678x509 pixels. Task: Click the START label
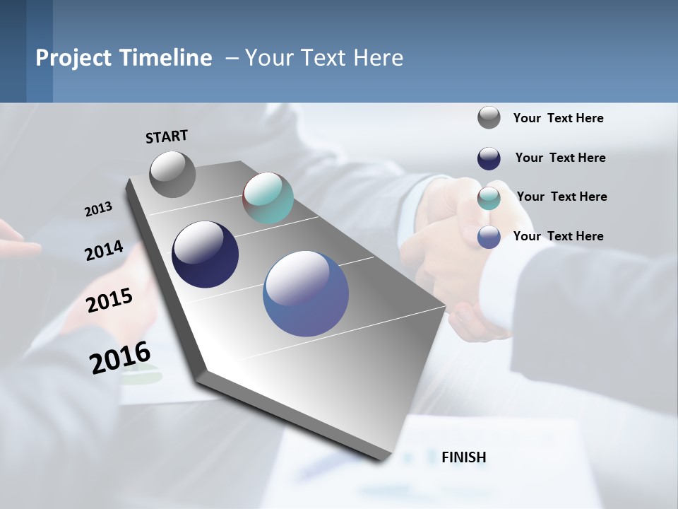[x=167, y=136]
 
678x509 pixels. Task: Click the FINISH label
[x=463, y=457]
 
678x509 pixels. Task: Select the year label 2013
[x=98, y=209]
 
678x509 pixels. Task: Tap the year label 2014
[x=104, y=251]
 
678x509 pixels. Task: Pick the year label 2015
[x=109, y=300]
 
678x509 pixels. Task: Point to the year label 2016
[x=120, y=358]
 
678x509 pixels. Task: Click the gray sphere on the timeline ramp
[x=172, y=175]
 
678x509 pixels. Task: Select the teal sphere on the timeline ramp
[x=268, y=198]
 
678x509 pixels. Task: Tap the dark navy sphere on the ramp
[x=205, y=255]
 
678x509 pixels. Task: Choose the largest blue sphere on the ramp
[x=306, y=293]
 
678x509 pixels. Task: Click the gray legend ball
[x=489, y=118]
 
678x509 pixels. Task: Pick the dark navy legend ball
[x=489, y=158]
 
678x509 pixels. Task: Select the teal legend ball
[x=489, y=198]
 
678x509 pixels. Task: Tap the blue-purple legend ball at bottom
[x=489, y=237]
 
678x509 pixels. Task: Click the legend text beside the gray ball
[x=558, y=118]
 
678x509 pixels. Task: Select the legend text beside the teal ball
[x=561, y=197]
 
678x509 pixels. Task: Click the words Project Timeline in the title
[x=124, y=57]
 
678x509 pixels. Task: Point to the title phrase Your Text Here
[x=324, y=57]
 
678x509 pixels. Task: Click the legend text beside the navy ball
[x=560, y=158]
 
